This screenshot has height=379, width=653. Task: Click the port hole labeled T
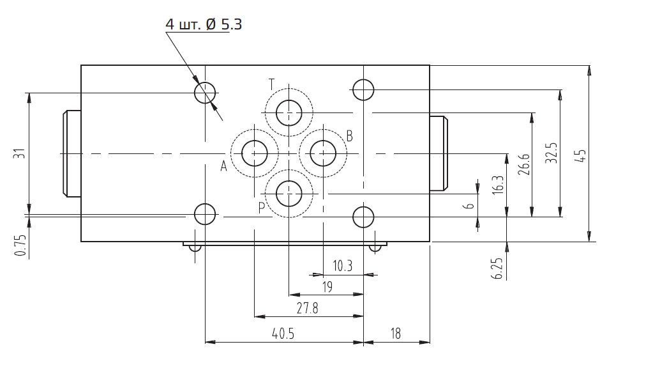pos(289,112)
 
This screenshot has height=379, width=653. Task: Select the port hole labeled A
pos(255,153)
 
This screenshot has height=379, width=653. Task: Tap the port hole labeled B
pos(323,153)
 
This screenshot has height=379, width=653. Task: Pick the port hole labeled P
pos(289,194)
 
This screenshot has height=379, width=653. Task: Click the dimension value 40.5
pos(283,334)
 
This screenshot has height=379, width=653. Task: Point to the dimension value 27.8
pos(307,309)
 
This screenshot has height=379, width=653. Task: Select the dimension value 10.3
pos(342,266)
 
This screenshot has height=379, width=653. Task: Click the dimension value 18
pos(396,334)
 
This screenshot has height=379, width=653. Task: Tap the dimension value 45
pos(582,155)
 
